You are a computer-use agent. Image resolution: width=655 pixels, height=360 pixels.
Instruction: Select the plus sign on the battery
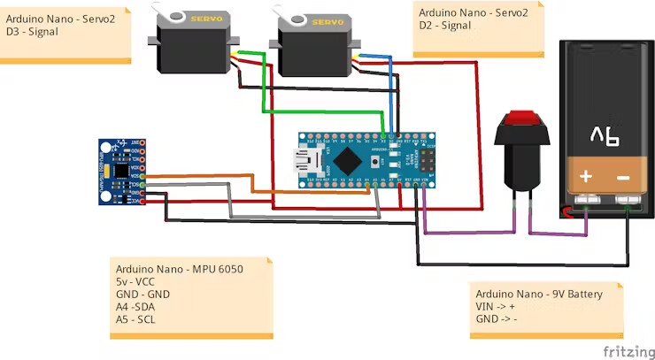tap(586, 177)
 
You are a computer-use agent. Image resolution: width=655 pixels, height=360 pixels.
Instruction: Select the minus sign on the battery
tap(623, 177)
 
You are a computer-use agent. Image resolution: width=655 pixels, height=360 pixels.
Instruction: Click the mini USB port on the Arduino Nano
tap(310, 161)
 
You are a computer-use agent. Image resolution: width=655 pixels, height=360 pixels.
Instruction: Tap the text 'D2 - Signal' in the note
tap(445, 27)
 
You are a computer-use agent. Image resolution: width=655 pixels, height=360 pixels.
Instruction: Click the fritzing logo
tap(628, 351)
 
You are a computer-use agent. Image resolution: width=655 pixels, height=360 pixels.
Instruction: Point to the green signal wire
tap(262, 88)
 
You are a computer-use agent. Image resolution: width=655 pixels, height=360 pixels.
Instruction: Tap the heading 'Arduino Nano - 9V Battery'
tap(538, 294)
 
